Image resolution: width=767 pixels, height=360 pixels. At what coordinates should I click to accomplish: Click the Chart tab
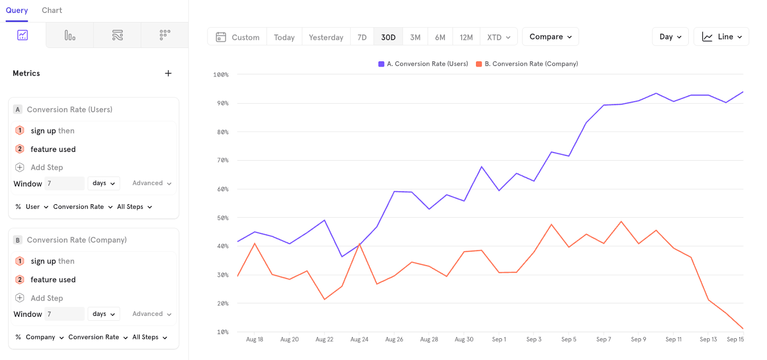(x=52, y=10)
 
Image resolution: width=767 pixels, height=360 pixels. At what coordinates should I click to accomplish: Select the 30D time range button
(x=388, y=37)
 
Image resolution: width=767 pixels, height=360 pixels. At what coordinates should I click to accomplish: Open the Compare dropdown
(x=550, y=36)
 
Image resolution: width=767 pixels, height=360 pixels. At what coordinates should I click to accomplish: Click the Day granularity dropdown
(x=670, y=36)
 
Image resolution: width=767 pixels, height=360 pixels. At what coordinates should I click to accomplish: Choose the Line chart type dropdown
(x=721, y=36)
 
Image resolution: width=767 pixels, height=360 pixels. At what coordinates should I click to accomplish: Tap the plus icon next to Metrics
(x=168, y=73)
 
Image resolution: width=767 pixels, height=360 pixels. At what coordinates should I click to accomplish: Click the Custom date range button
(x=237, y=37)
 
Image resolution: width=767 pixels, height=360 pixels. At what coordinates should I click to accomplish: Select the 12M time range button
(x=466, y=37)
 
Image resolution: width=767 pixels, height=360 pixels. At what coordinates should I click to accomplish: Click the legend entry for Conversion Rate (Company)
(x=527, y=64)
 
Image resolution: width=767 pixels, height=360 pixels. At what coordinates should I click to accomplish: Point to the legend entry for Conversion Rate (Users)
(x=423, y=64)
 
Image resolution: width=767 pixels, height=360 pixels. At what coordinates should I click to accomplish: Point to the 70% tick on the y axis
(x=222, y=160)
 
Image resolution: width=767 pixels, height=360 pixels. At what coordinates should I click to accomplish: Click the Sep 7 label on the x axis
(x=604, y=339)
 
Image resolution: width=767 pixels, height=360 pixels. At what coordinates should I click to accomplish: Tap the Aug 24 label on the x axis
(x=359, y=339)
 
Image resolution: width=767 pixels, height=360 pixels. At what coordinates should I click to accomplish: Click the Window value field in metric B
(x=64, y=314)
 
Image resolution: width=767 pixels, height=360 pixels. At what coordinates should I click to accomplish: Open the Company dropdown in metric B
(x=45, y=337)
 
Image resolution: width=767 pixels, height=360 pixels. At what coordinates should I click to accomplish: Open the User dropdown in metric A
(x=36, y=207)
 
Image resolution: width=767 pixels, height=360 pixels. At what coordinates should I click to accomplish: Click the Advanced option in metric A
(x=151, y=183)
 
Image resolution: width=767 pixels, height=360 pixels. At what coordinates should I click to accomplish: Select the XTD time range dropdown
(x=499, y=37)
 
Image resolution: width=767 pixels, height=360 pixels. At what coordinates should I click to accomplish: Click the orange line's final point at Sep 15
(x=743, y=329)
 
